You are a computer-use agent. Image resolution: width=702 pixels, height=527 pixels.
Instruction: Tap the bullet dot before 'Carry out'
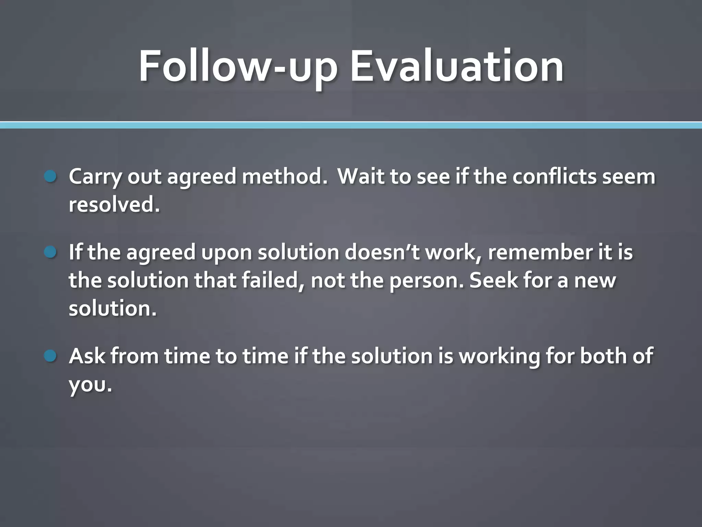click(x=50, y=177)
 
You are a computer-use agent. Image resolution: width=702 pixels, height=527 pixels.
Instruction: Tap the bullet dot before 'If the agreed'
click(x=50, y=253)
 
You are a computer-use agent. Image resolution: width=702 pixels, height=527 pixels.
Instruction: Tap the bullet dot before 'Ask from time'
click(x=50, y=356)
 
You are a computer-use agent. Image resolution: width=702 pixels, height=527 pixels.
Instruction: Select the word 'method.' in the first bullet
click(x=285, y=177)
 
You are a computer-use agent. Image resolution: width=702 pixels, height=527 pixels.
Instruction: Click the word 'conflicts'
click(x=555, y=177)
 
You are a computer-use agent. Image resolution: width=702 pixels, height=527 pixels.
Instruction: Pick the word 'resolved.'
click(x=114, y=205)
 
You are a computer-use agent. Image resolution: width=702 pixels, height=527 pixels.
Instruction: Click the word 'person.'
click(x=426, y=281)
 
